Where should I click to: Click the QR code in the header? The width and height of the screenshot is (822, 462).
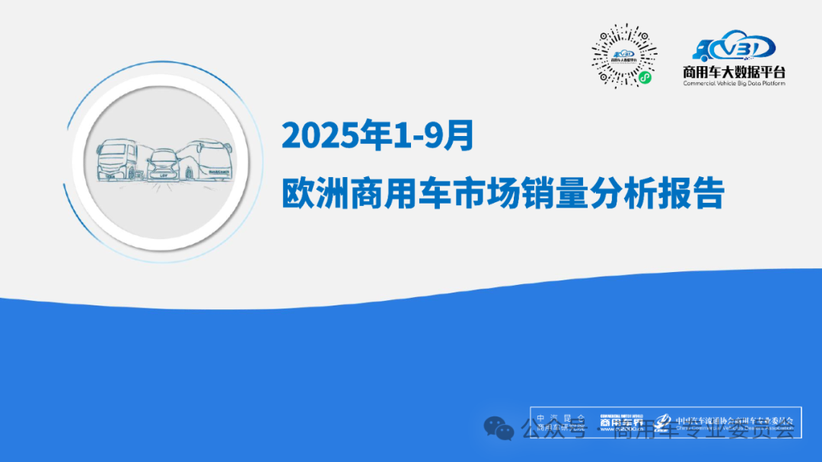tap(625, 55)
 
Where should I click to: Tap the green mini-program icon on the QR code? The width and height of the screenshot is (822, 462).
tap(645, 78)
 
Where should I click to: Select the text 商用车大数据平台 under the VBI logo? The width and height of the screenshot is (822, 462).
tap(734, 72)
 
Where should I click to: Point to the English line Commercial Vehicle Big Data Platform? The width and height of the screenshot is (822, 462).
tap(734, 83)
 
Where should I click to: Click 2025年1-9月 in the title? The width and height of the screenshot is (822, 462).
tap(378, 136)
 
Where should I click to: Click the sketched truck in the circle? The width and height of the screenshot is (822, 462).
tap(118, 160)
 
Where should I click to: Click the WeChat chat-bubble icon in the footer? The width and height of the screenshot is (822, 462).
tap(499, 429)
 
